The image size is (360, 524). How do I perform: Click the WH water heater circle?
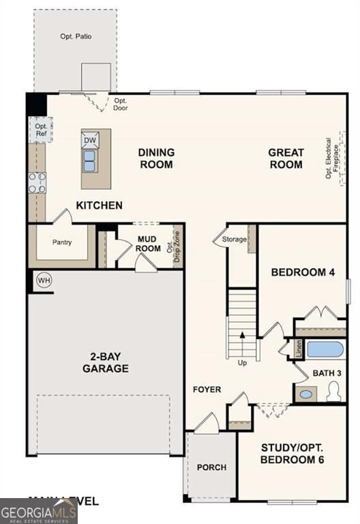[44, 280]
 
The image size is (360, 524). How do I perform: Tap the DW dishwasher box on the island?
[90, 141]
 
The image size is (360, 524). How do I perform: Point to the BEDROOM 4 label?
[303, 272]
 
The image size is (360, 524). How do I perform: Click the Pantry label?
[62, 242]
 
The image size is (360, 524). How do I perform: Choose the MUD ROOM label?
[148, 244]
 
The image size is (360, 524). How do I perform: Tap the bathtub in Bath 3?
[325, 349]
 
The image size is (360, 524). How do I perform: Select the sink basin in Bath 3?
[307, 394]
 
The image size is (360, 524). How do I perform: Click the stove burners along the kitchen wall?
[37, 182]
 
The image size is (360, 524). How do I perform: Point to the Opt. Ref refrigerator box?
[41, 130]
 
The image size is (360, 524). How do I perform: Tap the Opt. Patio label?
[75, 36]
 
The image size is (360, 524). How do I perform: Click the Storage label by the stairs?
[235, 239]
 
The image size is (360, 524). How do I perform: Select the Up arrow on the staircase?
[241, 348]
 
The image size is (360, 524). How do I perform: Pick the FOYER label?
[207, 390]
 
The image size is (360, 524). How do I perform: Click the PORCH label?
[211, 467]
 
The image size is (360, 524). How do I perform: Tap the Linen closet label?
[299, 349]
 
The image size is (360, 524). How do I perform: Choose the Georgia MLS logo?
[38, 511]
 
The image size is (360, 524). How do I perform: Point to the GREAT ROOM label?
[286, 158]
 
